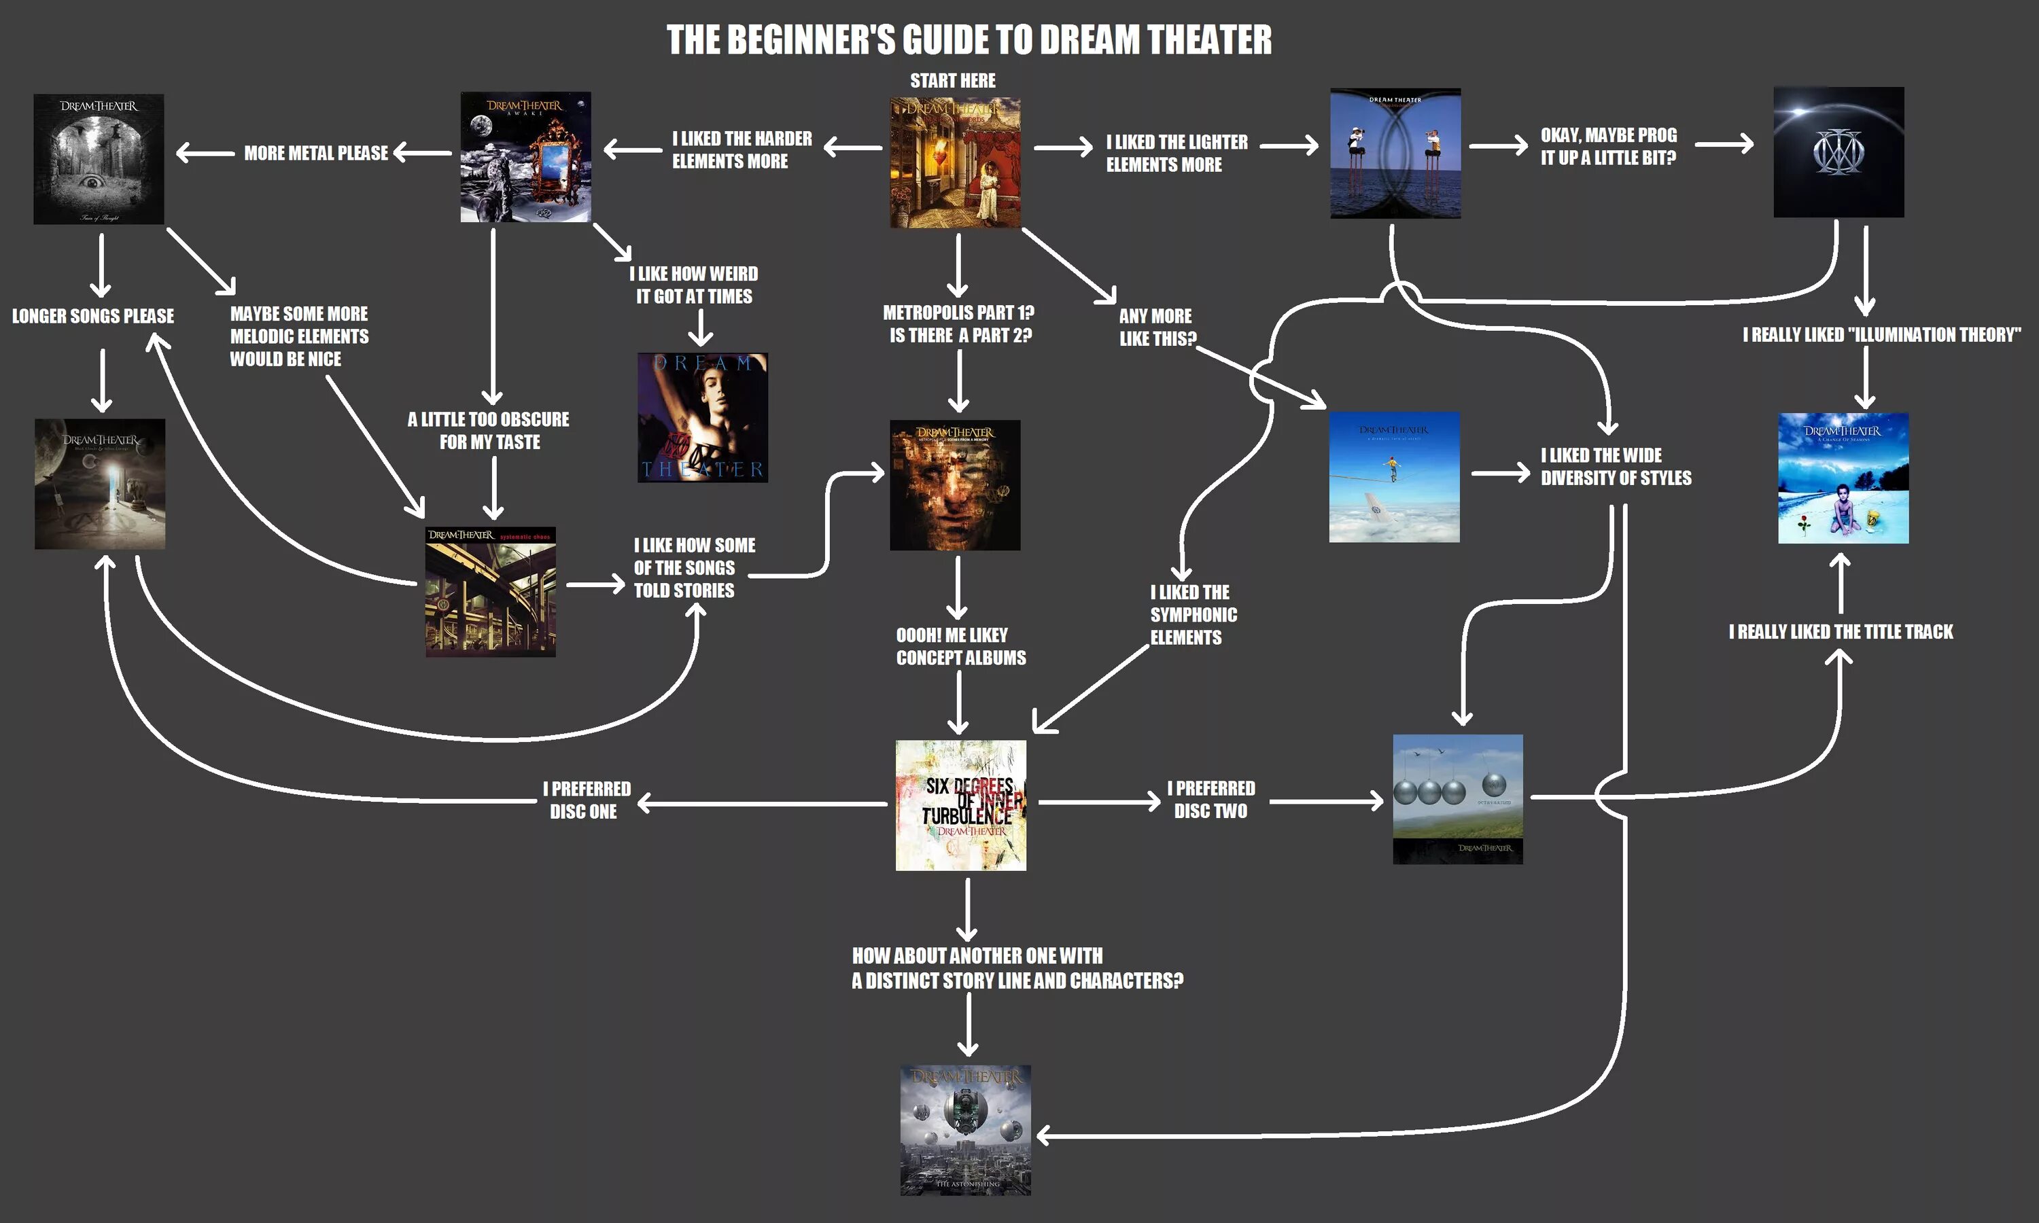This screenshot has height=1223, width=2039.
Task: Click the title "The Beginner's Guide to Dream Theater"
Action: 969,39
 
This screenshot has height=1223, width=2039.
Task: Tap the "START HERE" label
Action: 953,81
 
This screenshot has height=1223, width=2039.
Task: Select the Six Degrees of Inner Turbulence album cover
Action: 961,805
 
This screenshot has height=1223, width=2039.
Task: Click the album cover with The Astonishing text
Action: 965,1130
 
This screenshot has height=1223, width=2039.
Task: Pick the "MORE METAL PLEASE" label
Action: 315,154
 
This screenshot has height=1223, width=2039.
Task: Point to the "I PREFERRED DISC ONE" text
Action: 586,800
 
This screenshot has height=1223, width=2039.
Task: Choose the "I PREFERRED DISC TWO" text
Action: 1210,800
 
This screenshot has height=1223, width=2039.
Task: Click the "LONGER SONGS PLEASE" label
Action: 93,317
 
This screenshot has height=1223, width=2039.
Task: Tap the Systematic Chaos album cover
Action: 491,592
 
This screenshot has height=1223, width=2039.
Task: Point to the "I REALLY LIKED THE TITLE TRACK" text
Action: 1841,632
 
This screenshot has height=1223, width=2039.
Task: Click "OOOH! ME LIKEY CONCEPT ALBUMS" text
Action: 961,646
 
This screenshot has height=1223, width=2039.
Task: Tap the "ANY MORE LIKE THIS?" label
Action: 1156,327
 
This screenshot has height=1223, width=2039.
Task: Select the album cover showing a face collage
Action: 954,484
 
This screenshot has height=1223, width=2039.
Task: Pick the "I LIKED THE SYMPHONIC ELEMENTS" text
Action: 1193,615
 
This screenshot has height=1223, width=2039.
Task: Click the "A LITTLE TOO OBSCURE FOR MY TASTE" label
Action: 489,430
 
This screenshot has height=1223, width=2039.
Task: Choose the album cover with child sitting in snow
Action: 1843,478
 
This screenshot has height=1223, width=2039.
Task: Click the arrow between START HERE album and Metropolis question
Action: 958,264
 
